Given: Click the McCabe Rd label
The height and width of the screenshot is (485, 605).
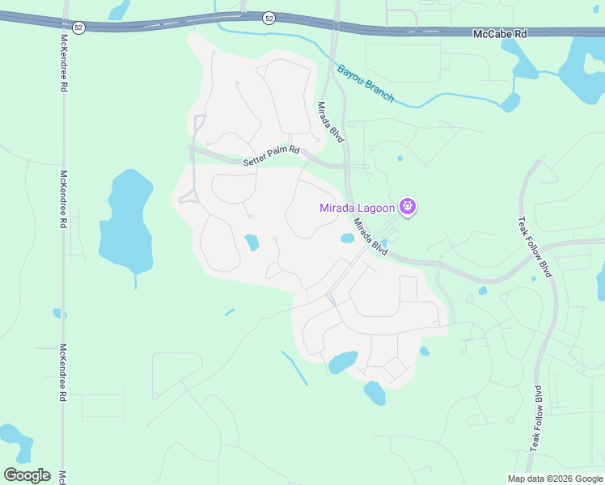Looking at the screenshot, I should coord(499,34).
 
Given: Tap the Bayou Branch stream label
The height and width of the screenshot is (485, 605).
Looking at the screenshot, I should coord(366,83).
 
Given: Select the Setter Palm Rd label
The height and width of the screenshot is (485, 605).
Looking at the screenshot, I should coord(271,156).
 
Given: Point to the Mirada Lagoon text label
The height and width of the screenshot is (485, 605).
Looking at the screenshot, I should coord(357,209).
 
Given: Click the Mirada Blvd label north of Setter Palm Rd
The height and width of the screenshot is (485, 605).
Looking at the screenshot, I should coord(330,122).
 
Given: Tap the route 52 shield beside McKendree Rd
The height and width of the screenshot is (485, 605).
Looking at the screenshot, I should coord(78,27).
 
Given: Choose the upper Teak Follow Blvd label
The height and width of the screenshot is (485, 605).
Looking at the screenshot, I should coord(535,247).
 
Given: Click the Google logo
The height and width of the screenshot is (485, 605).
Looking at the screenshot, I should coord(27,474).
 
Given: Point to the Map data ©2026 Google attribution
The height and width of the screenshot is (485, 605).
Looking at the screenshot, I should coord(555,479).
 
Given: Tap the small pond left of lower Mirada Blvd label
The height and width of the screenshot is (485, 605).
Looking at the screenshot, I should coord(348,238).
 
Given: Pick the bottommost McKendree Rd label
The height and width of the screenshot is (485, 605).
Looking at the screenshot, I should coord(62,373).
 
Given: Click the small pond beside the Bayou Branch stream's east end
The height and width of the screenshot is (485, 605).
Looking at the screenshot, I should coord(510,103).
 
